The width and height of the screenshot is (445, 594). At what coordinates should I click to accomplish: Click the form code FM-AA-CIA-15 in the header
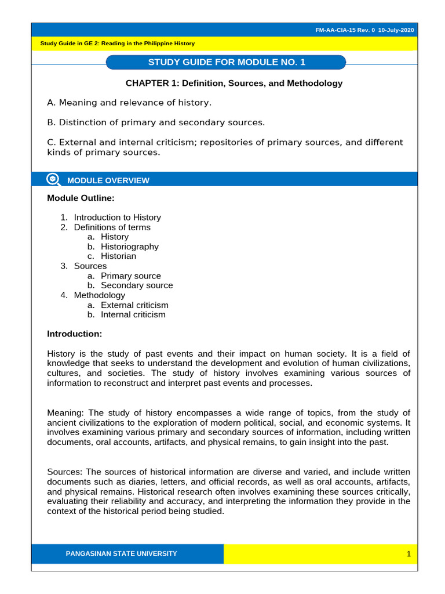[340, 30]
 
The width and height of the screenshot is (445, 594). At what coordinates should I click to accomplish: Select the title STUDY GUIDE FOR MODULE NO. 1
[227, 62]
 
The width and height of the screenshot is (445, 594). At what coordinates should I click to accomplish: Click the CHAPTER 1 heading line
[234, 83]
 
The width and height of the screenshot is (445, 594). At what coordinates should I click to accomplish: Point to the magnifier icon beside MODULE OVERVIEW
[53, 179]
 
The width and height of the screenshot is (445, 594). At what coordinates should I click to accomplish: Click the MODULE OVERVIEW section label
[108, 180]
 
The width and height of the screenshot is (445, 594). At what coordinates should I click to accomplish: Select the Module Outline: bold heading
[81, 198]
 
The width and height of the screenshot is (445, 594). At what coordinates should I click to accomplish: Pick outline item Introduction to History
[117, 217]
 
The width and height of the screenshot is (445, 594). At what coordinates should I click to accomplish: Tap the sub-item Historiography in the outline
[129, 247]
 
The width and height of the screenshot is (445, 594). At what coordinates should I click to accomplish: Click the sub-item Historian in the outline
[119, 256]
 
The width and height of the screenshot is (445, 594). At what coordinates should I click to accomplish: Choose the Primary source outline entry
[130, 276]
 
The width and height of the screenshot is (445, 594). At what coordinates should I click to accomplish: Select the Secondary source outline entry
[137, 285]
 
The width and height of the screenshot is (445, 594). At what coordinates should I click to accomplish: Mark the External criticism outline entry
[134, 305]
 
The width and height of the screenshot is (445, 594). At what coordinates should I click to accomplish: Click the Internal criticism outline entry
[133, 314]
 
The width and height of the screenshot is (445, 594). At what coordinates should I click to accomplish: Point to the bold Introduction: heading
[74, 334]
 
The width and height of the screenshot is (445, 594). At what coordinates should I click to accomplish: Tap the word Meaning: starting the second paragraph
[65, 412]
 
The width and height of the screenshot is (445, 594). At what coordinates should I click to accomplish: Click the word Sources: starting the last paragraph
[64, 472]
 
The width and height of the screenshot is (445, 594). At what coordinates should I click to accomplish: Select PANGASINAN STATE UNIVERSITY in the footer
[121, 553]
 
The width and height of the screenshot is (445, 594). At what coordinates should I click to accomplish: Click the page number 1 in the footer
[408, 554]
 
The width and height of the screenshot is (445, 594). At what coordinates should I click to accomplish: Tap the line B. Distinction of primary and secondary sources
[155, 122]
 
